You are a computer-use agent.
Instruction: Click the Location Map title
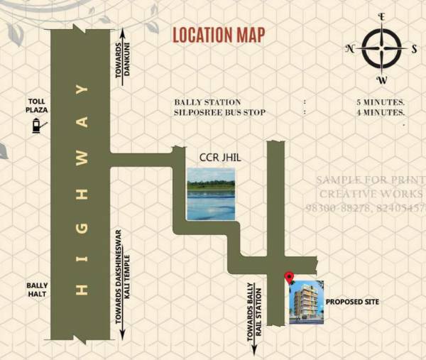point(219,34)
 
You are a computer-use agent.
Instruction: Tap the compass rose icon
point(381,48)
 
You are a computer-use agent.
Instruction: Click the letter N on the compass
point(350,48)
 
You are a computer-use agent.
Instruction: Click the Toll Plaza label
point(37,107)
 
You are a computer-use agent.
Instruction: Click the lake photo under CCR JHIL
point(210,194)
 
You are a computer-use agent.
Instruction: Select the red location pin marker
point(289,278)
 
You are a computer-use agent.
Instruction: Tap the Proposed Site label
point(353,302)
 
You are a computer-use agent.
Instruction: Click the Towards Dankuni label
point(129,58)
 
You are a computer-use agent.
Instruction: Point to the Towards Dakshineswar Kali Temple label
point(123,284)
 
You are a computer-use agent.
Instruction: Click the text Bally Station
point(207,102)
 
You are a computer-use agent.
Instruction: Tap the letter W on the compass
point(381,79)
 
